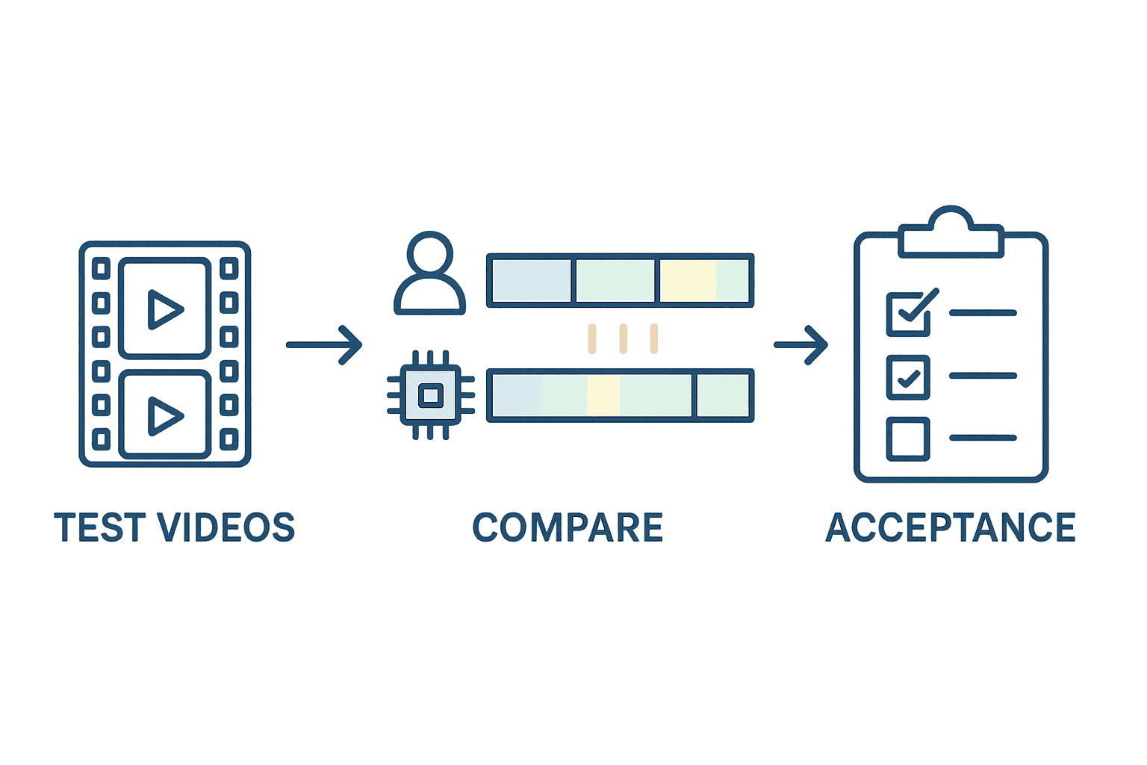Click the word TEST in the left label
pyautogui.click(x=97, y=527)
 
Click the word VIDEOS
pyautogui.click(x=226, y=527)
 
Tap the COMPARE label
pyautogui.click(x=568, y=527)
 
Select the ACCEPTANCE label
pyautogui.click(x=951, y=527)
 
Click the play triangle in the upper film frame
pyautogui.click(x=163, y=309)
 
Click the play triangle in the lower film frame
pyautogui.click(x=163, y=416)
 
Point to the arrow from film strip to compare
pyautogui.click(x=324, y=345)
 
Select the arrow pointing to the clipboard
pyautogui.click(x=801, y=345)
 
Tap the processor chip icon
pyautogui.click(x=431, y=395)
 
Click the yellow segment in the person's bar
pyautogui.click(x=688, y=280)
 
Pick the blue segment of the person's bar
pyautogui.click(x=532, y=280)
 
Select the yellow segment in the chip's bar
pyautogui.click(x=603, y=395)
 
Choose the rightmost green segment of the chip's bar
pyautogui.click(x=723, y=395)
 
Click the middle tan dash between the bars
pyautogui.click(x=624, y=338)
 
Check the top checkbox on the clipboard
pyautogui.click(x=908, y=315)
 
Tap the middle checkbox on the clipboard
pyautogui.click(x=908, y=377)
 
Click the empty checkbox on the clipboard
pyautogui.click(x=908, y=439)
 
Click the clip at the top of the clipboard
pyautogui.click(x=951, y=232)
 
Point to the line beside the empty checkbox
pyautogui.click(x=983, y=438)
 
